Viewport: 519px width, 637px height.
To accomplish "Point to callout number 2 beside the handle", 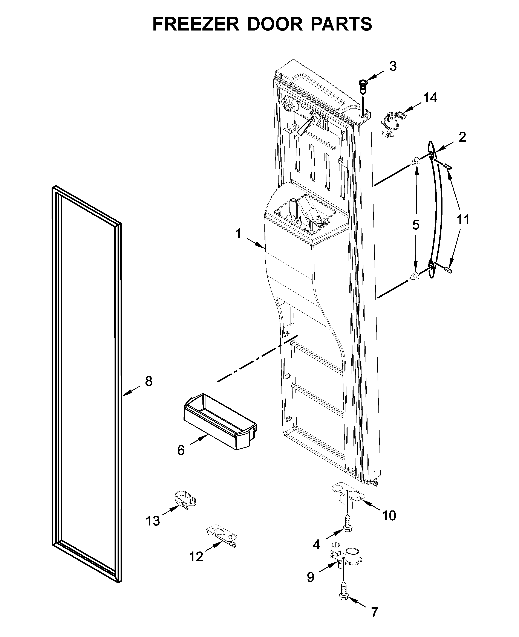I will point(462,137).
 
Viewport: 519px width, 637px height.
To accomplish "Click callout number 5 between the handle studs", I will point(416,225).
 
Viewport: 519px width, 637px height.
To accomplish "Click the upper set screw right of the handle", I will point(447,167).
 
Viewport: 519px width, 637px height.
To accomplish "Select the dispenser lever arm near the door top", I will point(306,125).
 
